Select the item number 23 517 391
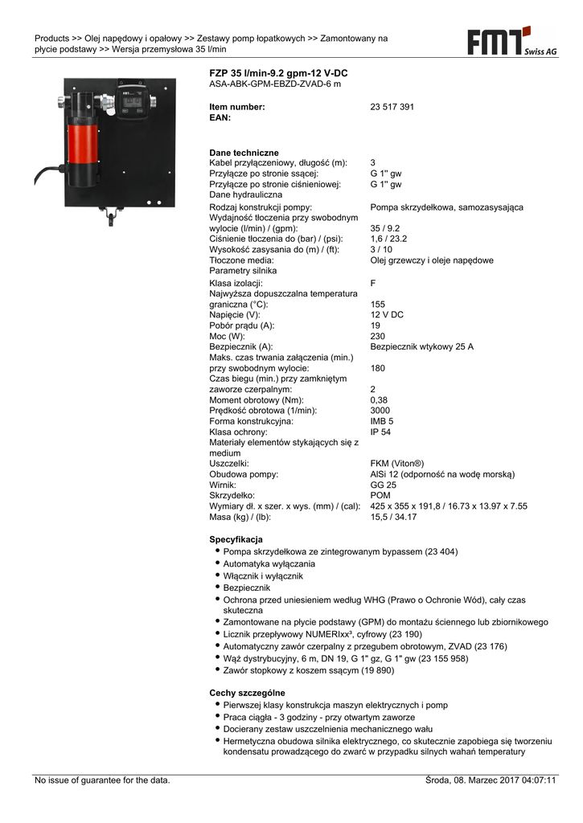tap(392, 107)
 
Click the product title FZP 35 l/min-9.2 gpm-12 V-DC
tap(278, 73)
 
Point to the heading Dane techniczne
tap(244, 153)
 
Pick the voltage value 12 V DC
tap(387, 315)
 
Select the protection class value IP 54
tap(380, 432)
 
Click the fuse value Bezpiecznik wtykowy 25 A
tap(421, 346)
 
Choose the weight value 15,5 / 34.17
tap(393, 517)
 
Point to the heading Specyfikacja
tap(236, 538)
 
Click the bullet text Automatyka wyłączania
tap(269, 564)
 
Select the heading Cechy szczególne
tap(247, 692)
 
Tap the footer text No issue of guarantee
tap(102, 780)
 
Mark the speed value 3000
tap(380, 410)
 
